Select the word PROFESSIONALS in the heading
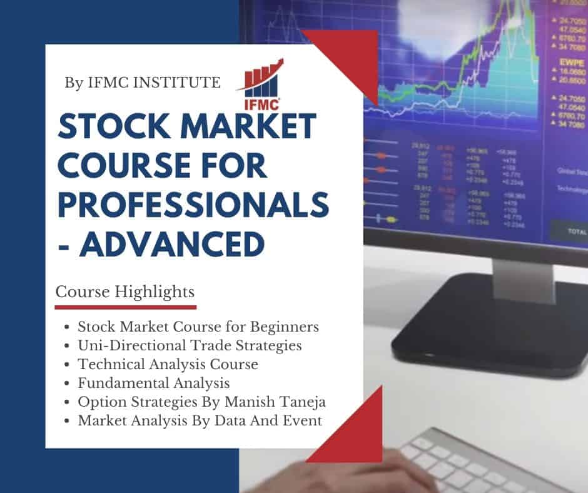click(193, 205)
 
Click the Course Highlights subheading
click(125, 292)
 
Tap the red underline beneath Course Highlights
click(125, 307)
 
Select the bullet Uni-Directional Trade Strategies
click(190, 345)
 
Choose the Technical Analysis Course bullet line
click(168, 363)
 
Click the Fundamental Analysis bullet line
click(154, 382)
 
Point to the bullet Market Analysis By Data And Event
click(200, 420)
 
